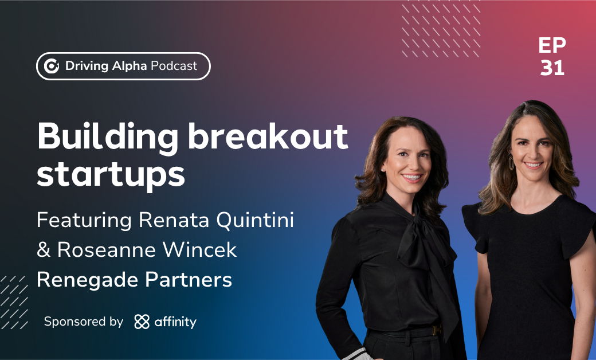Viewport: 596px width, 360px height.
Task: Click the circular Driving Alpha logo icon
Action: click(x=52, y=66)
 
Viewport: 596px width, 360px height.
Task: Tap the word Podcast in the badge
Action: click(x=174, y=66)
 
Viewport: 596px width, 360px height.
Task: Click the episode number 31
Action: click(x=552, y=68)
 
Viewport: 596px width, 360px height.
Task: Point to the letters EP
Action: click(x=552, y=45)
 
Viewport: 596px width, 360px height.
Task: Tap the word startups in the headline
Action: click(x=111, y=175)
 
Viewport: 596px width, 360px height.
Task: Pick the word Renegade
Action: click(x=87, y=281)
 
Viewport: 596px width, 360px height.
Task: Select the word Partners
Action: click(x=188, y=280)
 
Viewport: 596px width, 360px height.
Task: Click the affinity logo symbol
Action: click(x=142, y=322)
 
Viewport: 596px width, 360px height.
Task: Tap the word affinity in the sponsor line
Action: click(x=175, y=322)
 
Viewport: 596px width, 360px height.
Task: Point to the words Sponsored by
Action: click(x=84, y=322)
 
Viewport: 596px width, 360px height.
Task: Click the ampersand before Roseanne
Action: click(x=44, y=250)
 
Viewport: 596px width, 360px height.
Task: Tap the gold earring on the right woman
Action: click(x=511, y=162)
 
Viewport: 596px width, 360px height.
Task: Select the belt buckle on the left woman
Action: click(x=437, y=330)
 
